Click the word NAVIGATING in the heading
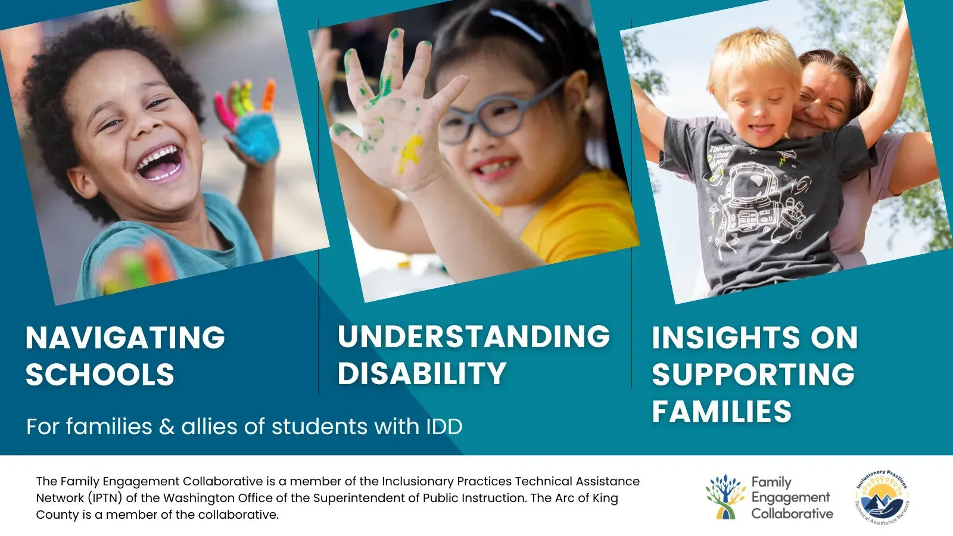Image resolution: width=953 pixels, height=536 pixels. click(x=125, y=338)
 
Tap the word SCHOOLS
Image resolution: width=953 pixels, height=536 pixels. click(x=100, y=375)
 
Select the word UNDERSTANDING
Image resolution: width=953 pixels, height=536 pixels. click(x=474, y=336)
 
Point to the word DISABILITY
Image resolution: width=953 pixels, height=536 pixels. click(x=422, y=374)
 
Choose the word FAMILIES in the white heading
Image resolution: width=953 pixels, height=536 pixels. click(x=721, y=412)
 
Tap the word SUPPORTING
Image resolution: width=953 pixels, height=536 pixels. click(x=753, y=375)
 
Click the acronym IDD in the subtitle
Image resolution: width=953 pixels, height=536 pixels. click(x=444, y=426)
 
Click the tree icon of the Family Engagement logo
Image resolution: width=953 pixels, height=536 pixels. click(x=725, y=497)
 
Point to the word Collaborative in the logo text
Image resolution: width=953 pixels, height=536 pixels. click(x=792, y=513)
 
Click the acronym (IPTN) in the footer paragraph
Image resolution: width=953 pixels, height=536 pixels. click(x=105, y=498)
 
